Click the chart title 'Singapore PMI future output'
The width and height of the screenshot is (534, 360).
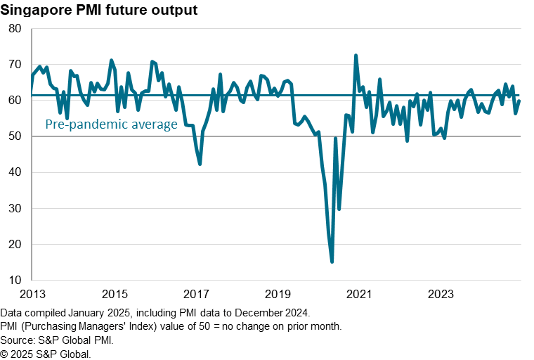(98, 11)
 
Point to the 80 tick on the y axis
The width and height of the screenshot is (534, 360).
(15, 28)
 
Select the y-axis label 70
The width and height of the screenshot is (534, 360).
(15, 64)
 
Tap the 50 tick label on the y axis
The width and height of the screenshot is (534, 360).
(15, 136)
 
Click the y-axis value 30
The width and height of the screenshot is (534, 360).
(15, 209)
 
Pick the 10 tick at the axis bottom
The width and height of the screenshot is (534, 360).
(15, 281)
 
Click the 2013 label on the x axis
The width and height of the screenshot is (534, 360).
(32, 293)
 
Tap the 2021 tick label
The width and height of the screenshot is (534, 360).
(360, 293)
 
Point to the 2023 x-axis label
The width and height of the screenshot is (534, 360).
(441, 293)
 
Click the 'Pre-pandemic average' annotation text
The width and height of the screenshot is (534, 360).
(111, 124)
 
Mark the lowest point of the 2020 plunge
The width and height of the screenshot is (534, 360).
(332, 262)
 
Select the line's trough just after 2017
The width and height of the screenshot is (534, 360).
(200, 164)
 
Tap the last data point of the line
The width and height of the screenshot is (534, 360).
(519, 101)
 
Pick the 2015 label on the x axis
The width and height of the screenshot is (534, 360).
(115, 293)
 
